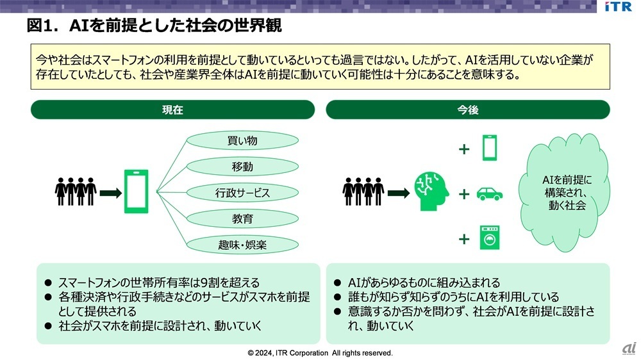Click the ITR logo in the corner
click(x=618, y=6)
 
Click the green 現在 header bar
click(x=172, y=110)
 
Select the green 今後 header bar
click(x=468, y=110)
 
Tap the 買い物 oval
click(x=242, y=140)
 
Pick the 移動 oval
click(x=242, y=167)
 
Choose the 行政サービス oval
click(x=242, y=193)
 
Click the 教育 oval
click(x=242, y=219)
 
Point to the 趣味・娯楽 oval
click(x=242, y=245)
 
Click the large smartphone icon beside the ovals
click(x=136, y=192)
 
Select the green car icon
click(x=489, y=193)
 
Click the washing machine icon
click(x=489, y=238)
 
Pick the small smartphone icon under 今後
click(x=489, y=147)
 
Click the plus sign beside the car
click(x=464, y=194)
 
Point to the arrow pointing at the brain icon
click(x=399, y=193)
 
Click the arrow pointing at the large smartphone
click(x=111, y=193)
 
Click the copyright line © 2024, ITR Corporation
click(x=320, y=353)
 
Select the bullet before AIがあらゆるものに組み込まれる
click(x=337, y=282)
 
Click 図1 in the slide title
click(x=40, y=26)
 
